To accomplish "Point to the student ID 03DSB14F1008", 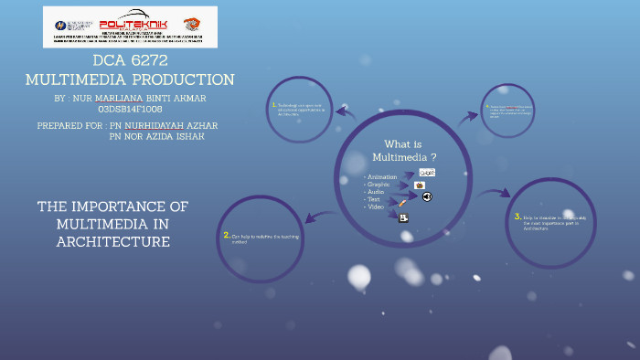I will (130, 109).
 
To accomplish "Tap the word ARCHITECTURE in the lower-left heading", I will (113, 241).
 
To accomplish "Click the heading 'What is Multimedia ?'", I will (403, 151).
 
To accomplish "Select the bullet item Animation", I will (381, 176).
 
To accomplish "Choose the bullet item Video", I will (376, 206).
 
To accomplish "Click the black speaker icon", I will (426, 196).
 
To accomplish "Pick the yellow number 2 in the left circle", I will (226, 235).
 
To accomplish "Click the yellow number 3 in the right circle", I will (517, 216).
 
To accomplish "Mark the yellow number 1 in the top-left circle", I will (272, 104).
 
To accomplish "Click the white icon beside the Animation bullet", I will (426, 172).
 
